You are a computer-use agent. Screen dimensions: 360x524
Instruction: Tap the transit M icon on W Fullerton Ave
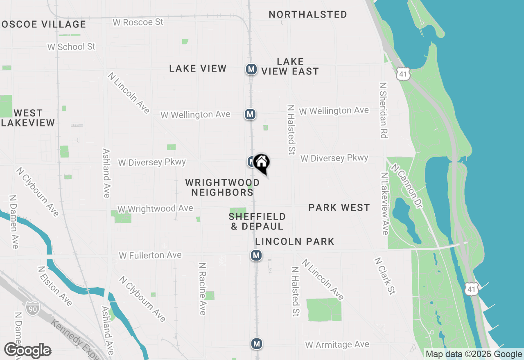pos(256,256)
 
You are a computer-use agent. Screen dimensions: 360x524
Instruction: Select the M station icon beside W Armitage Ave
pos(257,344)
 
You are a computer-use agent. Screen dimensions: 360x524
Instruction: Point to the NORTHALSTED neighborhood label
pos(308,14)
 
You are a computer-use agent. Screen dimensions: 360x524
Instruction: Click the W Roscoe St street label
pos(138,22)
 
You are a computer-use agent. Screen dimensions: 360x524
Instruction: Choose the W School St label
pos(71,47)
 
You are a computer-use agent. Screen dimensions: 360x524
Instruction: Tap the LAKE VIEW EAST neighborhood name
pos(290,66)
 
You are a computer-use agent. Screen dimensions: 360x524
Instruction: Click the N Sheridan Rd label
pos(384,110)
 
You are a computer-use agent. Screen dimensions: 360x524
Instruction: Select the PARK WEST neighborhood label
pos(339,208)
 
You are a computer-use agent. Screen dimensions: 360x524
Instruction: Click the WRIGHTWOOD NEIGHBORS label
pos(222,187)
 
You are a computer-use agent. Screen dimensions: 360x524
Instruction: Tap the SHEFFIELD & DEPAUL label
pos(257,221)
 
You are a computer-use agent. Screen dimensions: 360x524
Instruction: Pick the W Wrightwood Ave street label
pos(155,209)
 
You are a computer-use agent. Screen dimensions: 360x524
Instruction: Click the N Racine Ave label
pos(202,289)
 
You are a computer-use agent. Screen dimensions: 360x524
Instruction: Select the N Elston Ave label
pos(55,286)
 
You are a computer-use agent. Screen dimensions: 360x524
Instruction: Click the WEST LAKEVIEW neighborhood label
pos(28,118)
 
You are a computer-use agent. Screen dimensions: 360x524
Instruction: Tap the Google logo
pos(27,351)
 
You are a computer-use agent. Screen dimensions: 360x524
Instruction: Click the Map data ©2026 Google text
pos(474,354)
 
